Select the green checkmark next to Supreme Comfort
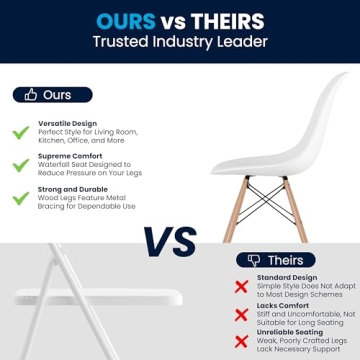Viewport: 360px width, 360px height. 19,165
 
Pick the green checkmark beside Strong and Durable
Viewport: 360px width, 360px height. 19,198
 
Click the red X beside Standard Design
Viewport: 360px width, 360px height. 241,286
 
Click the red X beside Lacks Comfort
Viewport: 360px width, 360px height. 241,314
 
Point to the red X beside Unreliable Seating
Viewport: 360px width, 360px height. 241,342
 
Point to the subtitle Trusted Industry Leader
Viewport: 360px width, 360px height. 179,42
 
